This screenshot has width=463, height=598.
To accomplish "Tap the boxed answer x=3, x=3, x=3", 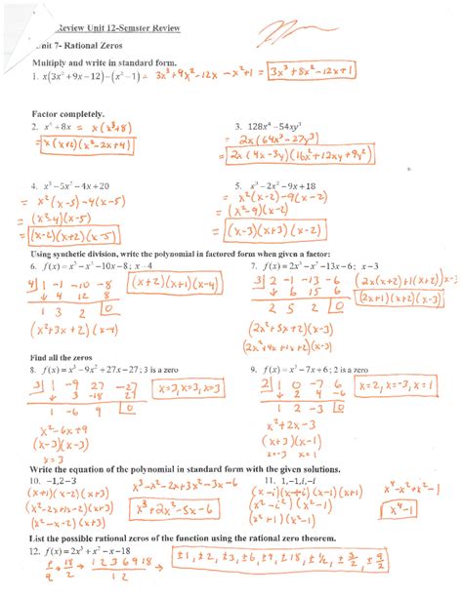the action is [187, 390].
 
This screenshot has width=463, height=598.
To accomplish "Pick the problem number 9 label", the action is [254, 370].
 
